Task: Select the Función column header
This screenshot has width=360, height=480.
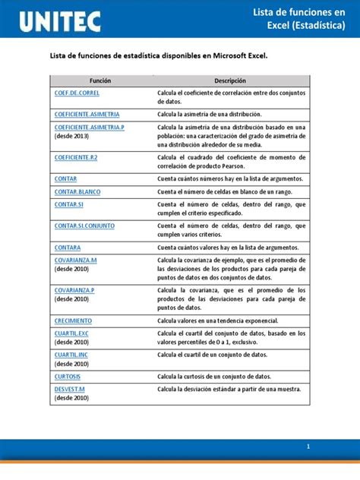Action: pos(99,80)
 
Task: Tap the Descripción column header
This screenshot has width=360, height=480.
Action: pos(230,80)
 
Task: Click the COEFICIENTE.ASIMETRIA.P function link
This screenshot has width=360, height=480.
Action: pos(90,127)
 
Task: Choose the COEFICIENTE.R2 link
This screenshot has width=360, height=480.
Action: pos(76,156)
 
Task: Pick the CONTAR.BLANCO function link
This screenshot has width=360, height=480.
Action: pos(77,192)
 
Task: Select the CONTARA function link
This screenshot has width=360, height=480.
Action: pos(68,248)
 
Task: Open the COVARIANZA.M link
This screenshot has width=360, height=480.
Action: pos(76,260)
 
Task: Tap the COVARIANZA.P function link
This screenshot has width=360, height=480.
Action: pos(74,290)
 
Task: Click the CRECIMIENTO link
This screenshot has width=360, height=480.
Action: pos(73,321)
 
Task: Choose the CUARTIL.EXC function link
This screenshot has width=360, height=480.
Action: pos(71,333)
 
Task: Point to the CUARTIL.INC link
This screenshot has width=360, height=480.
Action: pos(71,354)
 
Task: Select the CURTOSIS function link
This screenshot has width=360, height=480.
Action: pos(68,376)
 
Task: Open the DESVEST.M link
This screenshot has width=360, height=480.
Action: pos(70,389)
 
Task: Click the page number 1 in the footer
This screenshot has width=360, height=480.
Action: pos(308,447)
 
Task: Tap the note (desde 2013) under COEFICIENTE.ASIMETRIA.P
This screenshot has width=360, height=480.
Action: pos(71,137)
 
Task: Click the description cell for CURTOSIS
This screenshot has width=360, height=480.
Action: pos(225,376)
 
